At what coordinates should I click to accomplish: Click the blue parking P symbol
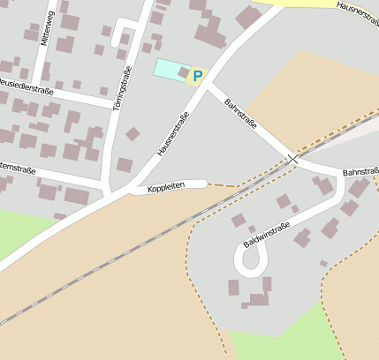coord(197,77)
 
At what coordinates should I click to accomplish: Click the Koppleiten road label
coord(166,188)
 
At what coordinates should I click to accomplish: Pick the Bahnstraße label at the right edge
coord(360,172)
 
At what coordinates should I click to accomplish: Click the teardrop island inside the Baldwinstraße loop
coord(251,259)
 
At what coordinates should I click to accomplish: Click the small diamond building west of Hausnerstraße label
coord(133,134)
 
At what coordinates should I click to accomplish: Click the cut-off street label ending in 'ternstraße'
coord(17,167)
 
